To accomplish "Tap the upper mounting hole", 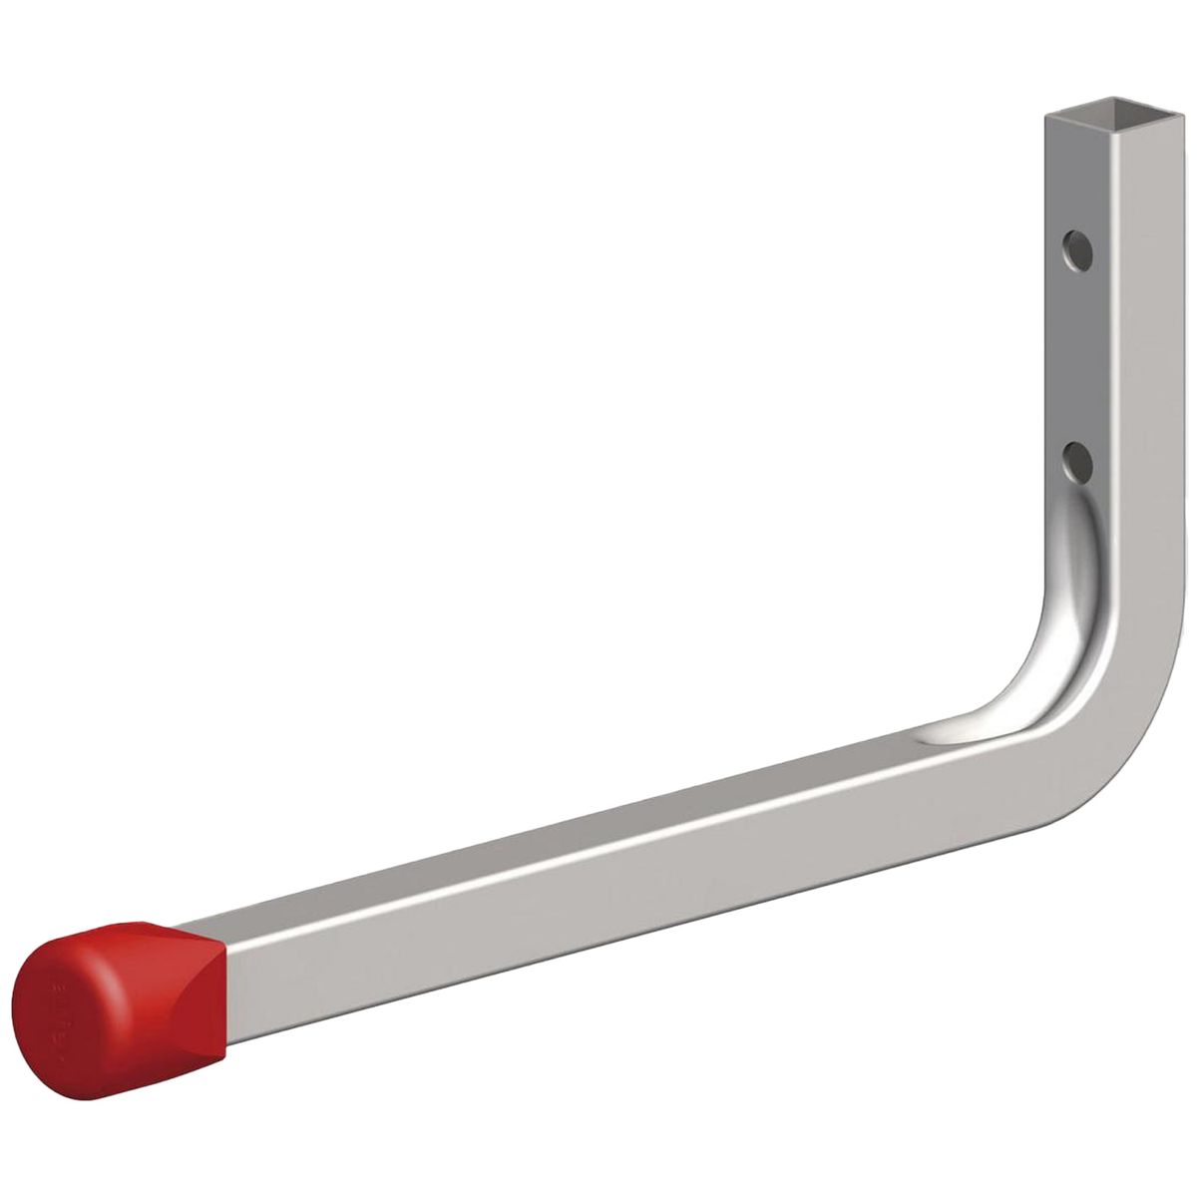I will tap(1076, 246).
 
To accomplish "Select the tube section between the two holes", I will tap(1077, 354).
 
